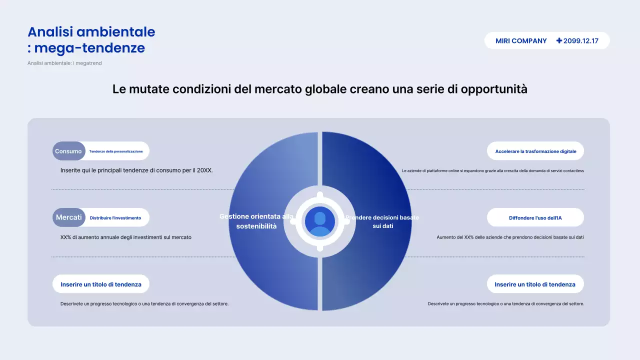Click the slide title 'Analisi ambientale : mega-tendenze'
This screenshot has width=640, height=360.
pyautogui.click(x=91, y=40)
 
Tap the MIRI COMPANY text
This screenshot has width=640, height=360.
pyautogui.click(x=521, y=41)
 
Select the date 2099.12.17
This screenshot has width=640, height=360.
pyautogui.click(x=581, y=41)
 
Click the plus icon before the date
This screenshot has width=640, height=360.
pyautogui.click(x=559, y=41)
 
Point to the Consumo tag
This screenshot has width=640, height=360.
pyautogui.click(x=68, y=151)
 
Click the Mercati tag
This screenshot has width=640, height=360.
pyautogui.click(x=68, y=217)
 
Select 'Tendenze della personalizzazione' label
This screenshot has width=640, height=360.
pyautogui.click(x=116, y=151)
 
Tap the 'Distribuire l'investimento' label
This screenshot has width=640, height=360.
pyautogui.click(x=115, y=218)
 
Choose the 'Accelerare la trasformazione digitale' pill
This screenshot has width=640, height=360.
pyautogui.click(x=535, y=151)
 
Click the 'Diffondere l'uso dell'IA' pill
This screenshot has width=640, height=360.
pyautogui.click(x=535, y=218)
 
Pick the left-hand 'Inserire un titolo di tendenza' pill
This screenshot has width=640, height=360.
pyautogui.click(x=101, y=284)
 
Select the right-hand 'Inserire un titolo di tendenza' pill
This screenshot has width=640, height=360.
pyautogui.click(x=535, y=284)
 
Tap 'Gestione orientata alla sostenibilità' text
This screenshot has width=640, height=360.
pyautogui.click(x=256, y=221)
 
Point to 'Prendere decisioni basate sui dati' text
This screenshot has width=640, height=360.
pyautogui.click(x=382, y=221)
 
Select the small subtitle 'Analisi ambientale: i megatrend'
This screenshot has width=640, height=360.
pyautogui.click(x=64, y=63)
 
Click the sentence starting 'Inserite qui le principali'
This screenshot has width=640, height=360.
pyautogui.click(x=136, y=170)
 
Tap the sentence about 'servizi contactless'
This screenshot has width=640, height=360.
pyautogui.click(x=493, y=170)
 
